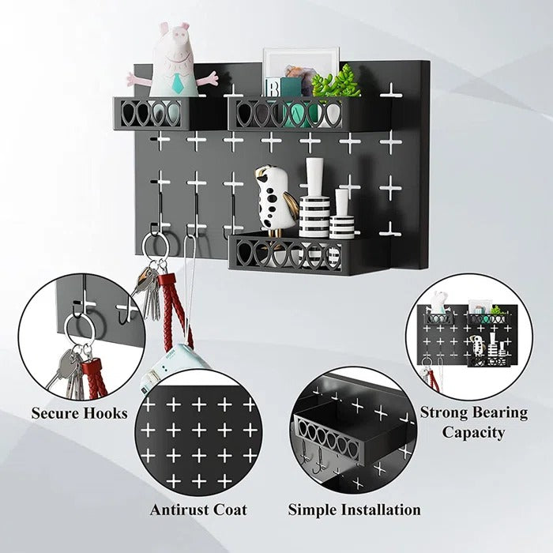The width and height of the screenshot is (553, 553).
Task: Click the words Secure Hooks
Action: point(79,413)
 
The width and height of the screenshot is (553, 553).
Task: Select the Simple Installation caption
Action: point(354,510)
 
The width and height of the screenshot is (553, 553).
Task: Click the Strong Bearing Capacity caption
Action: point(473,422)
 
